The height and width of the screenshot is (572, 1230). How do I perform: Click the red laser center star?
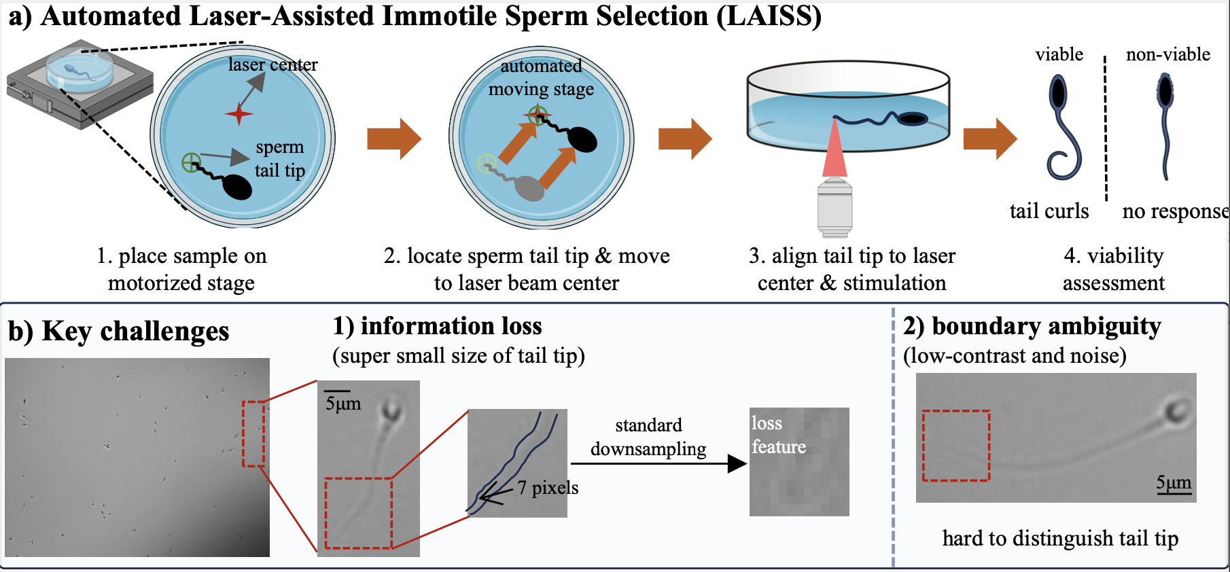pos(239,113)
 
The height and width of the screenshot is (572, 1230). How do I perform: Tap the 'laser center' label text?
pos(273,65)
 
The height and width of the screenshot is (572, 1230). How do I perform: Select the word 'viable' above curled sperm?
pos(1059,54)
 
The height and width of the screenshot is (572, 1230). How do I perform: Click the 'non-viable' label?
pos(1167,54)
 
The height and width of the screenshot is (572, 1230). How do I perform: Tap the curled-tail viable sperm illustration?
pos(1061,129)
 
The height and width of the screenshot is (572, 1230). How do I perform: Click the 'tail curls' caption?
pos(1049,211)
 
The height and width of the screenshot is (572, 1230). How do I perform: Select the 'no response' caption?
pos(1174,211)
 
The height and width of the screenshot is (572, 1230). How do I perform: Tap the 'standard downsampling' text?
pos(648,437)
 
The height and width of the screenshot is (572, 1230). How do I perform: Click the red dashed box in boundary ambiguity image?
pos(956,446)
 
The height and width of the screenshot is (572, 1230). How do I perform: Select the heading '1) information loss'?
pos(437,326)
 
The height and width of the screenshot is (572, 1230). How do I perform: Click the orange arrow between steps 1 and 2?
pos(394,139)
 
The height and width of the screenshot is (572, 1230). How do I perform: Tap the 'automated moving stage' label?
pos(541,77)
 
